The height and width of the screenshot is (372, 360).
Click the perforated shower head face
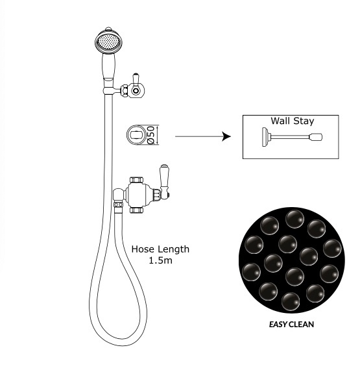[x=109, y=42]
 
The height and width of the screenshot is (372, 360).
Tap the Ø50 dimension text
[x=151, y=135]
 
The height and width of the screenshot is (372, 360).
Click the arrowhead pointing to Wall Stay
[x=226, y=136]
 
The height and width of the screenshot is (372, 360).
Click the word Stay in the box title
[x=304, y=121]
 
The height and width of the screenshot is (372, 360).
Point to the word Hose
[x=143, y=249]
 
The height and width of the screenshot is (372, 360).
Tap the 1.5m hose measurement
[x=160, y=260]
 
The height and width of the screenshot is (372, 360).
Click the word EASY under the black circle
[x=278, y=324]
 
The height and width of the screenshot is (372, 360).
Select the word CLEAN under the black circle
[x=302, y=324]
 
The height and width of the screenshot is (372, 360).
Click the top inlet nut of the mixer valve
[x=136, y=180]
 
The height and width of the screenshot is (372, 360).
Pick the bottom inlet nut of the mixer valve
[x=136, y=210]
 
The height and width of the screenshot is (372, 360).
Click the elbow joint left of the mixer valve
[x=119, y=195]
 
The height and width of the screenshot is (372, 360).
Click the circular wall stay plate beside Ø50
[x=136, y=135]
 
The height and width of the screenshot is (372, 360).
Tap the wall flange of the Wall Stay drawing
[x=265, y=137]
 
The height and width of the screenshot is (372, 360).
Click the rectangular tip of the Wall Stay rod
[x=316, y=137]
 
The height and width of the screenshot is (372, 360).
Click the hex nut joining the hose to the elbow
[x=118, y=205]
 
